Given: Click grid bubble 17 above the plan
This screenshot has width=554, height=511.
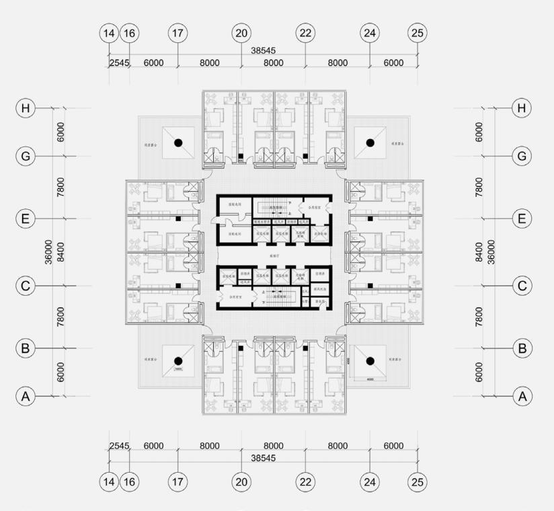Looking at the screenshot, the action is [x=177, y=32].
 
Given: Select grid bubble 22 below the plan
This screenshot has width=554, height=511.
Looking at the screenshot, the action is [x=305, y=481].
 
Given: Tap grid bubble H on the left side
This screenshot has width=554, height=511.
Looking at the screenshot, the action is [x=26, y=108].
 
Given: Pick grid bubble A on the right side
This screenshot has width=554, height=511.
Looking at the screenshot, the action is [x=522, y=397].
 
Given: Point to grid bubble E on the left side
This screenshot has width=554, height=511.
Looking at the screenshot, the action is [x=26, y=219].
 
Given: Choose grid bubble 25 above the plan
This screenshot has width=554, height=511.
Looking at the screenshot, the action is [x=418, y=32].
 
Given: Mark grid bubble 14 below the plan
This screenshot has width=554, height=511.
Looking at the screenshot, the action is [x=109, y=481].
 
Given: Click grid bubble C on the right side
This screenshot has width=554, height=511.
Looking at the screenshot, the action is [x=522, y=285].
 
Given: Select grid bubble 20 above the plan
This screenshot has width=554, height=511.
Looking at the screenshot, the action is [x=241, y=32].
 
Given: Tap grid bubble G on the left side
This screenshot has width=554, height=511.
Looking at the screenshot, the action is [x=26, y=156].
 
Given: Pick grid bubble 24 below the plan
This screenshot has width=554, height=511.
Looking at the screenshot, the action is [x=370, y=481].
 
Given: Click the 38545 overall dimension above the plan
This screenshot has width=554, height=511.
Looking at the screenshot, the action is [x=263, y=50].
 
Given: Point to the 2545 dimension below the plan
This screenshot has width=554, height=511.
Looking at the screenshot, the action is [x=118, y=446].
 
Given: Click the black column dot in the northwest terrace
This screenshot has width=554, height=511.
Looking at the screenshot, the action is [x=178, y=143].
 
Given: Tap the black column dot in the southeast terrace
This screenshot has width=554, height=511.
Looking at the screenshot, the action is [x=369, y=361].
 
